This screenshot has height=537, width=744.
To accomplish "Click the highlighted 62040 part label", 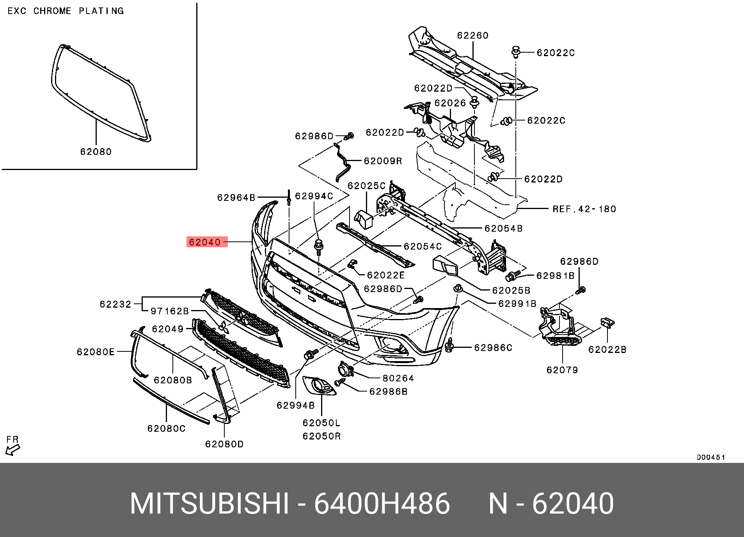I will (x=205, y=242).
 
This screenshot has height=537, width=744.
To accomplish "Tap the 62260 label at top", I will (x=472, y=35).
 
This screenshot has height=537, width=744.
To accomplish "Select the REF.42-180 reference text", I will (x=584, y=209).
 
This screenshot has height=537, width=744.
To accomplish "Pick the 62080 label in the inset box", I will (x=96, y=152).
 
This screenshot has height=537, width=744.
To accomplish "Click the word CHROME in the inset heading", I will (x=52, y=11).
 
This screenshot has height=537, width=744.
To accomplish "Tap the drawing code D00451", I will (x=710, y=457).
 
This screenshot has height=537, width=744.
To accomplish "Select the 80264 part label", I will (x=398, y=378).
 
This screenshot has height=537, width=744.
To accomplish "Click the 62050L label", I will (x=321, y=423).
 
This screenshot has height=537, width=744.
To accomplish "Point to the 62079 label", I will (x=562, y=370).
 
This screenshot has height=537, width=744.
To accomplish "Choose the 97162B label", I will (x=170, y=311).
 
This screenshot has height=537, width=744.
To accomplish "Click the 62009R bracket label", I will (x=383, y=161).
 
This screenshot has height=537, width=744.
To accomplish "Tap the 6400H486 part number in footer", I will (x=382, y=504).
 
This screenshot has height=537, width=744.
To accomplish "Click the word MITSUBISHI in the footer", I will (x=209, y=504).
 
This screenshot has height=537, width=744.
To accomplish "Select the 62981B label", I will (x=556, y=276).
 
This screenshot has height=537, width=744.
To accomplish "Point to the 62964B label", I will (x=236, y=198).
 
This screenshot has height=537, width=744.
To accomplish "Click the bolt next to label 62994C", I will (x=319, y=247).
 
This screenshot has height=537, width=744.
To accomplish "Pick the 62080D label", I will (x=224, y=444).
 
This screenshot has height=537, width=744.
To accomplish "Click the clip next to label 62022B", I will (x=607, y=323).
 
